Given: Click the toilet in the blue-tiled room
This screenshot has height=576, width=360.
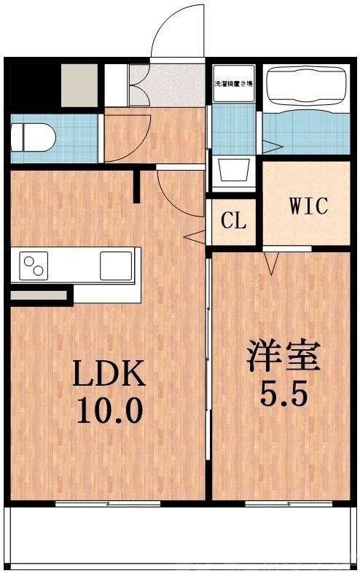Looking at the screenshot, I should (x=32, y=135).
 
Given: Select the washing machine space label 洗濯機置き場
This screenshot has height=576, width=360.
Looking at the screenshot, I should (x=232, y=84).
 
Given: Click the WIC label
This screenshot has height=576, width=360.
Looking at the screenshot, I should (x=309, y=206).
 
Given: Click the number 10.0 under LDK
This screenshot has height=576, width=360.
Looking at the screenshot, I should (x=109, y=412).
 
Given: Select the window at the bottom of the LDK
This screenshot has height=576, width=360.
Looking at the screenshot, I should (x=108, y=503).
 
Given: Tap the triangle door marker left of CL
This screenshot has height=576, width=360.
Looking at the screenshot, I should (x=194, y=236).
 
